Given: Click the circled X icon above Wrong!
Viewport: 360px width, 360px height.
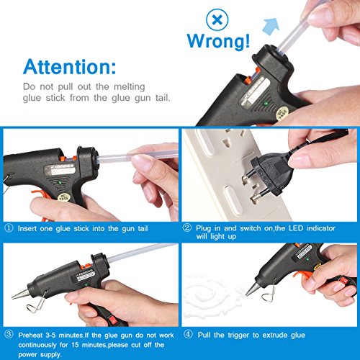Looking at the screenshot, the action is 217,19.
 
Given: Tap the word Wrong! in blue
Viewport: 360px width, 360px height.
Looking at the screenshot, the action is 218,41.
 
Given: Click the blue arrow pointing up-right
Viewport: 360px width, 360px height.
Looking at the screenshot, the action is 271,26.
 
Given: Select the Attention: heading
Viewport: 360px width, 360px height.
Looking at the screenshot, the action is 70,66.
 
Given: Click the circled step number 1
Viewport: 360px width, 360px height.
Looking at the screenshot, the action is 9,228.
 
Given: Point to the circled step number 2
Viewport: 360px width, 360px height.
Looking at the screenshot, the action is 187,228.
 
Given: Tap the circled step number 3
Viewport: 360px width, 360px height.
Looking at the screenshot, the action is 9,334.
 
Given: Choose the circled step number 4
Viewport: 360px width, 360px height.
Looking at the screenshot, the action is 188,334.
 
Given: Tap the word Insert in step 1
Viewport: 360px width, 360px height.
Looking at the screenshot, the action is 27,228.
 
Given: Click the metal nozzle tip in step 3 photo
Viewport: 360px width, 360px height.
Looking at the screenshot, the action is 20,294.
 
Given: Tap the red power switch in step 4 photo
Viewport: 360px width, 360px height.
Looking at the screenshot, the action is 343,280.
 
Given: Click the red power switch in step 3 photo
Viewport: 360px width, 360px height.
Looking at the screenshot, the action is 113,320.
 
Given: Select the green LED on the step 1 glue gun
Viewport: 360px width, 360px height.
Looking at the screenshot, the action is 60,183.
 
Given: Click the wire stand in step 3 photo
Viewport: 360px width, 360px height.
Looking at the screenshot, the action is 37,302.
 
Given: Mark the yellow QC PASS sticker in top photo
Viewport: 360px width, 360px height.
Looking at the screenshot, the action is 282,112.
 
